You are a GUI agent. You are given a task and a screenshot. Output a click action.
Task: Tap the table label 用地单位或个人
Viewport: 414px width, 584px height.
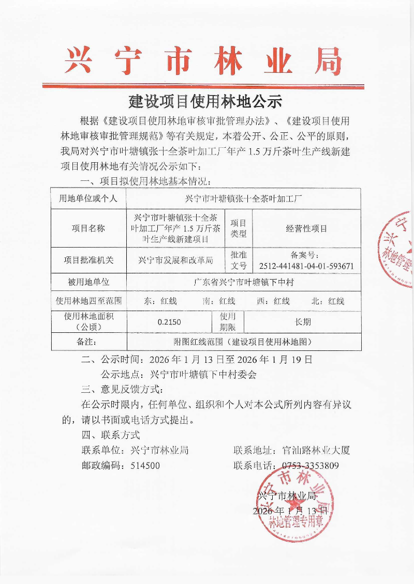(x=88, y=198)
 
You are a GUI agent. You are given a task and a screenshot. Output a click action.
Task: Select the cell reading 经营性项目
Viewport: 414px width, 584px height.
(x=306, y=228)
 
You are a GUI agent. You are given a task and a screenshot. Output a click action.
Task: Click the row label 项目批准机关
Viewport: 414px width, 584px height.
(x=88, y=260)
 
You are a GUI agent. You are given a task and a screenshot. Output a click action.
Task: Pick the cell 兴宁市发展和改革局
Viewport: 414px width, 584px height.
(x=176, y=260)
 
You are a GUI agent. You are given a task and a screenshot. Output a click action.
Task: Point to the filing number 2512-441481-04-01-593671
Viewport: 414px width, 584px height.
(x=306, y=266)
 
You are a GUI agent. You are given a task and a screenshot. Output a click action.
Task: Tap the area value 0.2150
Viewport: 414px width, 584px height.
(x=169, y=322)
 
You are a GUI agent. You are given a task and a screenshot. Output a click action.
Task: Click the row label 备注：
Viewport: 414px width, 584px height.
(x=88, y=342)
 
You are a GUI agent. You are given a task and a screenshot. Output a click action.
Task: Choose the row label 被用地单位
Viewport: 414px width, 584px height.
(x=88, y=283)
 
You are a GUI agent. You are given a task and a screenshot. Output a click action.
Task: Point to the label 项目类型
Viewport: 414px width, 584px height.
(x=239, y=228)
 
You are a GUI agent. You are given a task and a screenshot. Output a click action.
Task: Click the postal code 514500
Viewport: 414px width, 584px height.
(x=145, y=466)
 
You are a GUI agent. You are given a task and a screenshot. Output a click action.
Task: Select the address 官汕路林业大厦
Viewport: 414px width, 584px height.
(x=317, y=450)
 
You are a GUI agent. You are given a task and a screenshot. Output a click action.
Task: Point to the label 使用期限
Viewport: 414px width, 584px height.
(x=228, y=322)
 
